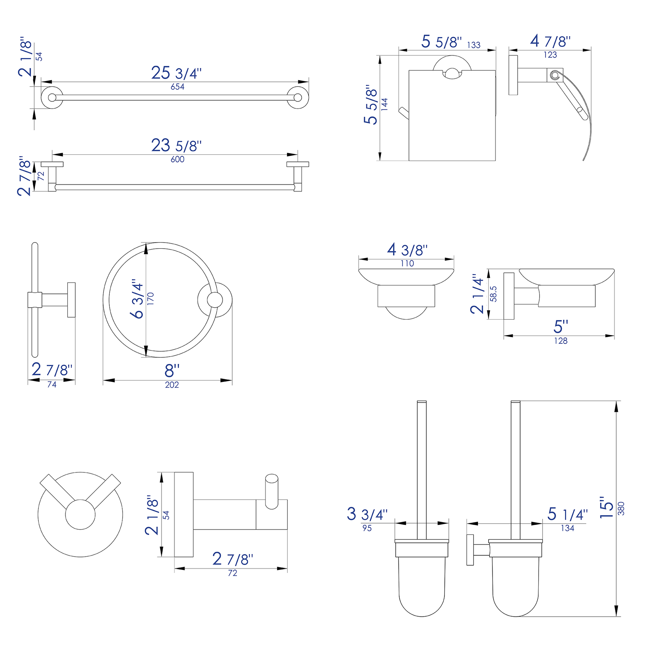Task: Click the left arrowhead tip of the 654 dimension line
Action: (41, 82)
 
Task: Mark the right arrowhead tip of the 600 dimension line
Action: (297, 154)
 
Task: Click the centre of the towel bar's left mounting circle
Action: (52, 97)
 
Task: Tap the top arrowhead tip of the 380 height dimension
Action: (616, 401)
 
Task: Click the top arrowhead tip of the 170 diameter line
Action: (146, 243)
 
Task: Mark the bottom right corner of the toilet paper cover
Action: (496, 160)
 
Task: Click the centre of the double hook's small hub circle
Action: (80, 514)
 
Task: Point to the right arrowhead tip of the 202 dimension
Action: (232, 380)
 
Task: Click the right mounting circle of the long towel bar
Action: (298, 97)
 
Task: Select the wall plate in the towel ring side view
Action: (72, 300)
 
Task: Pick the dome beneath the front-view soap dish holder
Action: (406, 313)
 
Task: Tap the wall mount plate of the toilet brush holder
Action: (470, 550)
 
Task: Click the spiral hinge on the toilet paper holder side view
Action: (554, 75)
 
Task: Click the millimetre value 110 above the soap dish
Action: (407, 264)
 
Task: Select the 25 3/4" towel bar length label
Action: (177, 73)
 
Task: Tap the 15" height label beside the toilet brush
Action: (607, 507)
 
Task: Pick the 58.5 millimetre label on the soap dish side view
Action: (494, 294)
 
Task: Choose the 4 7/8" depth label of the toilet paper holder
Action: (550, 41)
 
